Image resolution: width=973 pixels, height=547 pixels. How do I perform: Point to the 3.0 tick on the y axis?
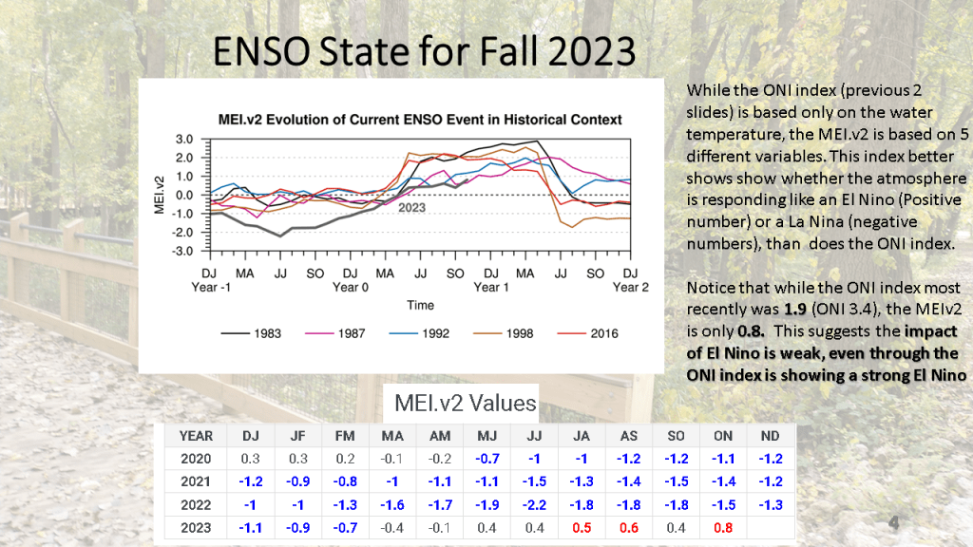click(184, 139)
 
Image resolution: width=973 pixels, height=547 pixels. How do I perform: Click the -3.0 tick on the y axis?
click(182, 252)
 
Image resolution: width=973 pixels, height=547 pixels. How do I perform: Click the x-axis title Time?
click(420, 306)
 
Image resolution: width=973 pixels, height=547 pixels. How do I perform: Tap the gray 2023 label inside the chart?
click(411, 207)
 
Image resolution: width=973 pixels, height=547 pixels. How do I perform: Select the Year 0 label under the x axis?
click(350, 287)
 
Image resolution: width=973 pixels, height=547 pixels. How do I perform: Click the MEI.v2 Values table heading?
click(466, 404)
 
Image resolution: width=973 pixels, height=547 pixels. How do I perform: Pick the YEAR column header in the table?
click(196, 436)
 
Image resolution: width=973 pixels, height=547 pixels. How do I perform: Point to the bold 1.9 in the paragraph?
click(796, 310)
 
